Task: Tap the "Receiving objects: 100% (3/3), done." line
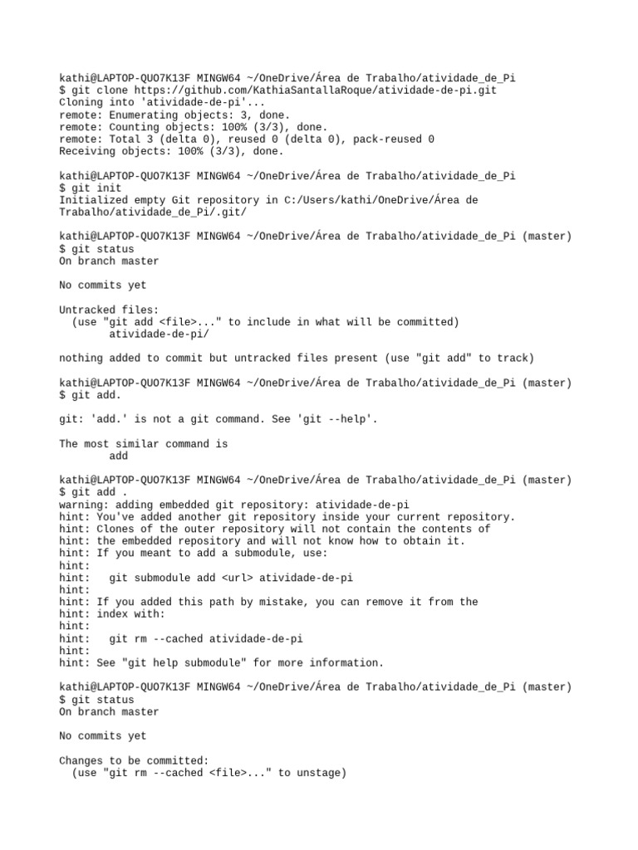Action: pos(171,152)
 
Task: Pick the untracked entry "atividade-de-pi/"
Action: pos(159,334)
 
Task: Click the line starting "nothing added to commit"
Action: pos(297,359)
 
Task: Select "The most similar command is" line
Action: pos(143,444)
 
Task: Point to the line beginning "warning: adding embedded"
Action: pos(233,505)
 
